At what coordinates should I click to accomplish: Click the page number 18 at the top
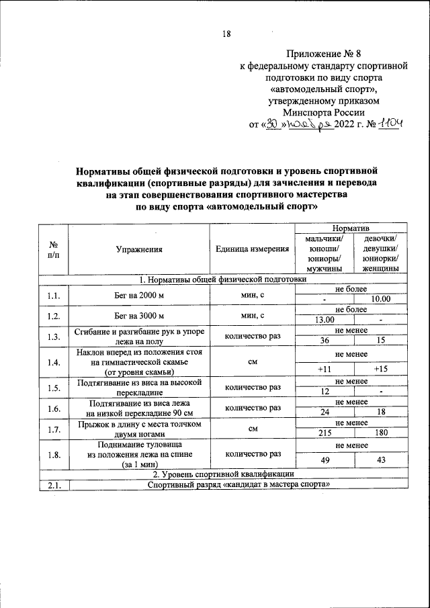(x=226, y=36)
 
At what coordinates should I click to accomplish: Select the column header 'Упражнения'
(x=139, y=249)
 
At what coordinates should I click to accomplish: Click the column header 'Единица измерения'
(x=252, y=249)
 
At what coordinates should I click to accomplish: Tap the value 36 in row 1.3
(x=325, y=341)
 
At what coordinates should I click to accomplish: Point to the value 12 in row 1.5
(x=325, y=392)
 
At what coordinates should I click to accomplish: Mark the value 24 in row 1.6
(x=325, y=412)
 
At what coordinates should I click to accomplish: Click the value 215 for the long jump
(x=325, y=433)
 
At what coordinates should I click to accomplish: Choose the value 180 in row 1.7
(x=380, y=433)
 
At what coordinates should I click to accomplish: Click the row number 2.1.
(x=54, y=485)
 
